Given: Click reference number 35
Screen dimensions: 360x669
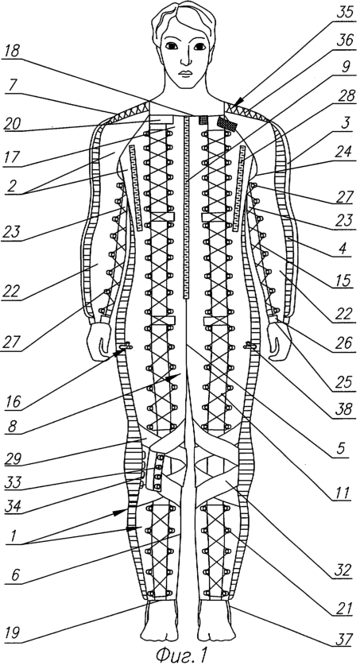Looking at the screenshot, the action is (x=345, y=11).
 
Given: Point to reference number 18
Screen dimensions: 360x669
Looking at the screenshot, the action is (x=12, y=52).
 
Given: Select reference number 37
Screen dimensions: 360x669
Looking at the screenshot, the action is (x=343, y=639).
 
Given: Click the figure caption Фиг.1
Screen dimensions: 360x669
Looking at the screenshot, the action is (x=181, y=655).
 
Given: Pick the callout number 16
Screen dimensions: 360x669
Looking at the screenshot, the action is (x=14, y=402).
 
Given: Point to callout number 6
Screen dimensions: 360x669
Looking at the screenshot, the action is (x=14, y=574).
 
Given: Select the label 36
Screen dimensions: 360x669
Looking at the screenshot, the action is (x=345, y=40).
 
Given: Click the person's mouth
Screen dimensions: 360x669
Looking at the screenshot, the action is (x=185, y=72).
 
